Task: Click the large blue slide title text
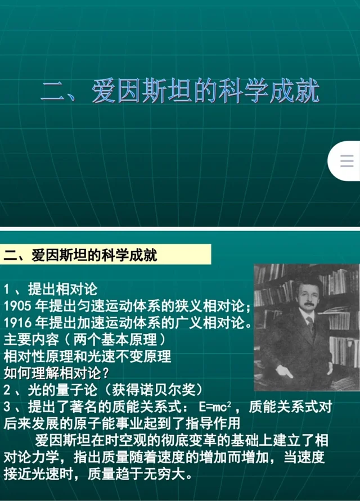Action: (180, 92)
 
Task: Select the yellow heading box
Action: (106, 254)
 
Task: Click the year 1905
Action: (17, 306)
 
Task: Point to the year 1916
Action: (17, 323)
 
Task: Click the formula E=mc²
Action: (215, 407)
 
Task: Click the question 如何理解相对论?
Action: (57, 373)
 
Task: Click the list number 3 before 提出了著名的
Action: (7, 407)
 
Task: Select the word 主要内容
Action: (31, 339)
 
